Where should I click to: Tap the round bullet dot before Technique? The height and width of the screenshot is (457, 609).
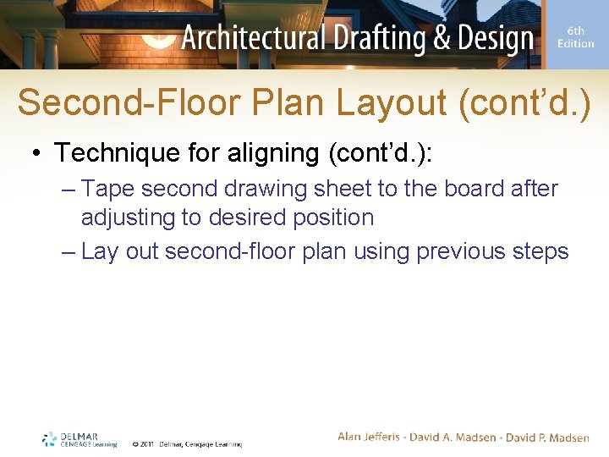[38, 154]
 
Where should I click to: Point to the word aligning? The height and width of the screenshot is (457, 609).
[272, 153]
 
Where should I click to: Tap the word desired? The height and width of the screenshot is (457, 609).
[243, 217]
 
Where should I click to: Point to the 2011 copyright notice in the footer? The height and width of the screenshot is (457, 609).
[186, 443]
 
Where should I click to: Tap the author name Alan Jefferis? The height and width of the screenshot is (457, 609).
[370, 437]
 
